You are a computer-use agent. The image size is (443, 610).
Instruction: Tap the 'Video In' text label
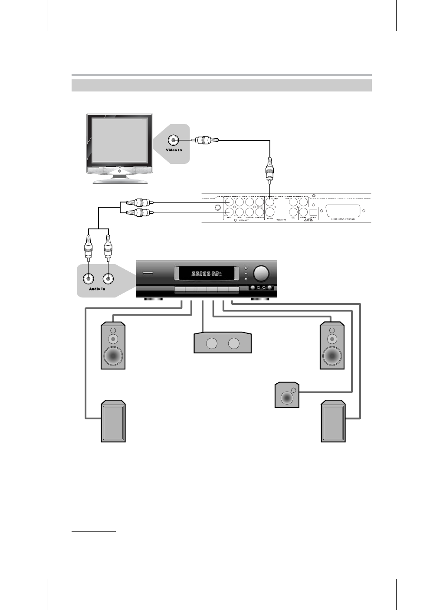174,150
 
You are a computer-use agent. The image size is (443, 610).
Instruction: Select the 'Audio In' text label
97,289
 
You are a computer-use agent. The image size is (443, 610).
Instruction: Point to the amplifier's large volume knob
261,273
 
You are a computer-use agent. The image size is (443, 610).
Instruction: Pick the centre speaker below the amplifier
222,343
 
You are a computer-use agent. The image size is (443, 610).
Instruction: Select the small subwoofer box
288,395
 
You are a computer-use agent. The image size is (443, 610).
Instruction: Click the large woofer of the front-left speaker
113,356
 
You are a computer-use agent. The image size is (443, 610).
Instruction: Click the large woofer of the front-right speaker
332,356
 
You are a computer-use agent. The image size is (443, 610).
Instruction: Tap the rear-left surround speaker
113,421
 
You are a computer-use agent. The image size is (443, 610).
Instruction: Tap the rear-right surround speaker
333,422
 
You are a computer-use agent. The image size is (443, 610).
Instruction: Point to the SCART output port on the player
343,212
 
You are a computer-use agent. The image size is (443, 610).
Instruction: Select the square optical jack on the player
313,212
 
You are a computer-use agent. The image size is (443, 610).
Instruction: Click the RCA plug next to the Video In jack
206,140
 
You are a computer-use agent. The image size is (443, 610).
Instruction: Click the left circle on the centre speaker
212,344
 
